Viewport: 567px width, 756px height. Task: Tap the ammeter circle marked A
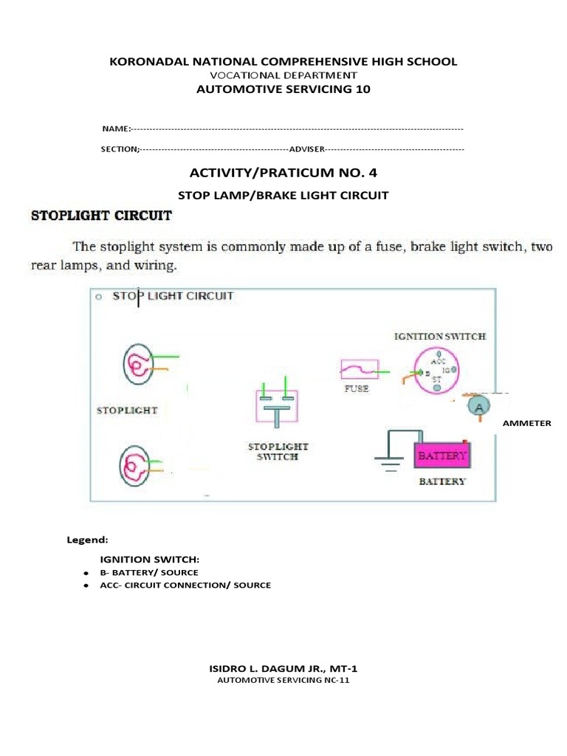pos(478,406)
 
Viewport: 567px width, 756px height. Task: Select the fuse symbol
pos(359,369)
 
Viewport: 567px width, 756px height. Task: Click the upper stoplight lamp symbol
pos(138,364)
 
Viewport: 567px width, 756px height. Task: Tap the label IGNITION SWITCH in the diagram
pos(439,336)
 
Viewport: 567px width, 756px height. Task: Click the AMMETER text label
pos(526,423)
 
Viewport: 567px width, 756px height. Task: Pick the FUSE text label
pos(357,388)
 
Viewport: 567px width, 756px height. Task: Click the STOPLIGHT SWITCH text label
pos(278,451)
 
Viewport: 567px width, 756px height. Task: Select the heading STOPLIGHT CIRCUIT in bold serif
pos(100,216)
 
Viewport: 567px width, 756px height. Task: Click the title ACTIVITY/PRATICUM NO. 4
pos(283,173)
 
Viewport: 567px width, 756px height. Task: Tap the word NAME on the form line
pos(115,129)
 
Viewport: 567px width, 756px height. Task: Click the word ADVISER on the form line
pos(306,149)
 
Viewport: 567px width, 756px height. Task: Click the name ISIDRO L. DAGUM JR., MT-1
pos(283,668)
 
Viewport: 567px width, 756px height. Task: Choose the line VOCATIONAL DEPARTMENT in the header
pos(283,75)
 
